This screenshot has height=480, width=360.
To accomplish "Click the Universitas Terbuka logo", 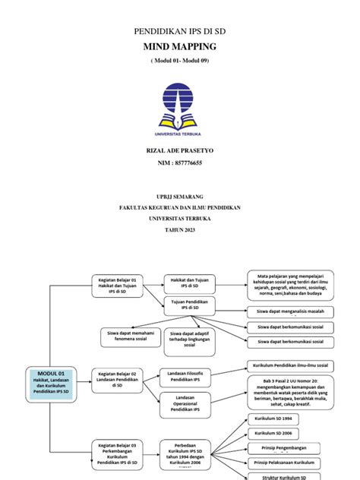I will pyautogui.click(x=180, y=107).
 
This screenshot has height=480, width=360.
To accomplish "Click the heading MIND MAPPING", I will pyautogui.click(x=180, y=46).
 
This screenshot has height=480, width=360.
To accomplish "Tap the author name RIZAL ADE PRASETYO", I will pyautogui.click(x=180, y=151).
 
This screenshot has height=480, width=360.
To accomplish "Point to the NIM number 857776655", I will pyautogui.click(x=180, y=163).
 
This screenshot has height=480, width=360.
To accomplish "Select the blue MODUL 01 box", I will pyautogui.click(x=51, y=381).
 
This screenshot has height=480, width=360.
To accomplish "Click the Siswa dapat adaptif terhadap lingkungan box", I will pyautogui.click(x=189, y=339).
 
